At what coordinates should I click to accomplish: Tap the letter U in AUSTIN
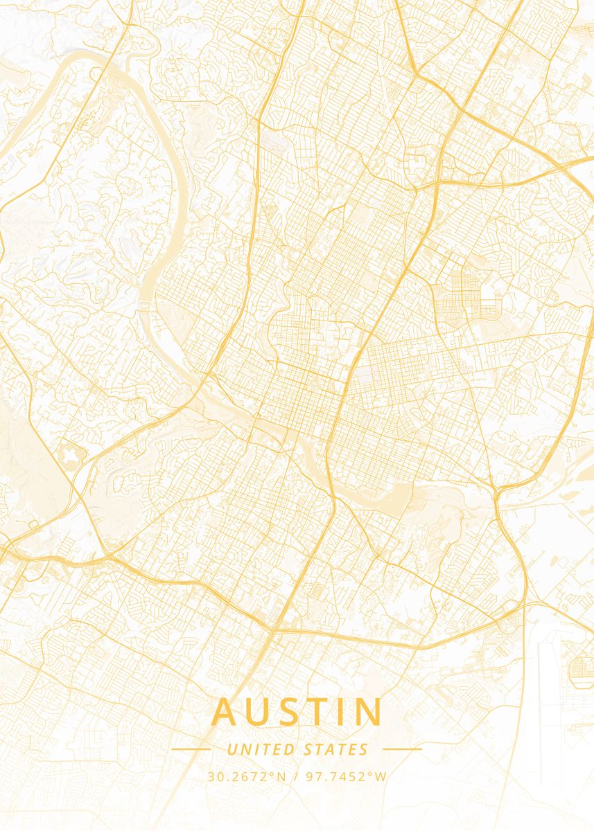click(258, 713)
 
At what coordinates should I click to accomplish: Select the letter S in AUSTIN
click(290, 713)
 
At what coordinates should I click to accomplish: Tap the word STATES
click(336, 749)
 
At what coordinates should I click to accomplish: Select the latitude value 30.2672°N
click(246, 777)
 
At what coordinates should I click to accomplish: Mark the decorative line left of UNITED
click(191, 749)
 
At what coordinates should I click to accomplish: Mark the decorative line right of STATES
click(402, 749)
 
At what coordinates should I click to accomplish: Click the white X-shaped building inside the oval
click(71, 456)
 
